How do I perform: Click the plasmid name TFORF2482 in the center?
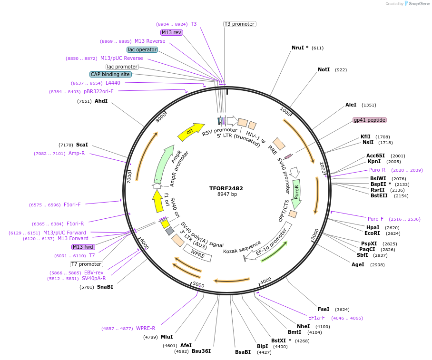(x=227, y=188)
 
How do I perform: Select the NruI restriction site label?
(x=300, y=48)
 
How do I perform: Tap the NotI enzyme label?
(x=324, y=69)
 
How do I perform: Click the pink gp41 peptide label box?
(x=369, y=120)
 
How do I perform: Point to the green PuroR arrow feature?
(x=297, y=194)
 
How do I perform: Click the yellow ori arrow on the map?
(x=190, y=132)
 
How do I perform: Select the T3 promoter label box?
(x=240, y=24)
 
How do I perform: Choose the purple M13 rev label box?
(x=171, y=32)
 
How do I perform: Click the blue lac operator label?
(x=142, y=49)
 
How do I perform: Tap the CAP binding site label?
(x=110, y=74)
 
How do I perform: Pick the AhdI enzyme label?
(x=101, y=101)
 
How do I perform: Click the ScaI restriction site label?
(x=82, y=145)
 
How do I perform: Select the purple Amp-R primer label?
(x=77, y=153)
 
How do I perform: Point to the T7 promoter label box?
(x=86, y=264)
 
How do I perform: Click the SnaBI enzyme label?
(x=105, y=287)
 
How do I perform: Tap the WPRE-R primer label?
(x=146, y=328)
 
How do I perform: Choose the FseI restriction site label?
(x=324, y=309)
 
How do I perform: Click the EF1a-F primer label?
(x=316, y=318)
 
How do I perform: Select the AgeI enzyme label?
(x=358, y=264)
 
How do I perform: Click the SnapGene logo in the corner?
(x=417, y=4)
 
